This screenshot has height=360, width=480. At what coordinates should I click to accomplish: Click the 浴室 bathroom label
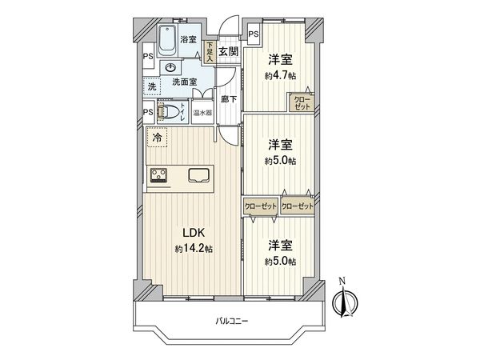pos(189,38)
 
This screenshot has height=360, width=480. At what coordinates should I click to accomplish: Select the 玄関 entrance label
pos(228,51)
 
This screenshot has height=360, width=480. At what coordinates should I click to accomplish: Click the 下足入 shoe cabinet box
pos(209,51)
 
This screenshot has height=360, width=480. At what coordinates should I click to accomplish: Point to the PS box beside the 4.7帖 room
pos(253,34)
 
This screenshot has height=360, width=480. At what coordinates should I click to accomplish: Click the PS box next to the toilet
pos(148,112)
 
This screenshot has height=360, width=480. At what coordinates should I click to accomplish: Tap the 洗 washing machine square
pos(151,86)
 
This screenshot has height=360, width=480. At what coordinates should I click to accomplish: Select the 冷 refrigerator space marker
pos(156,138)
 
